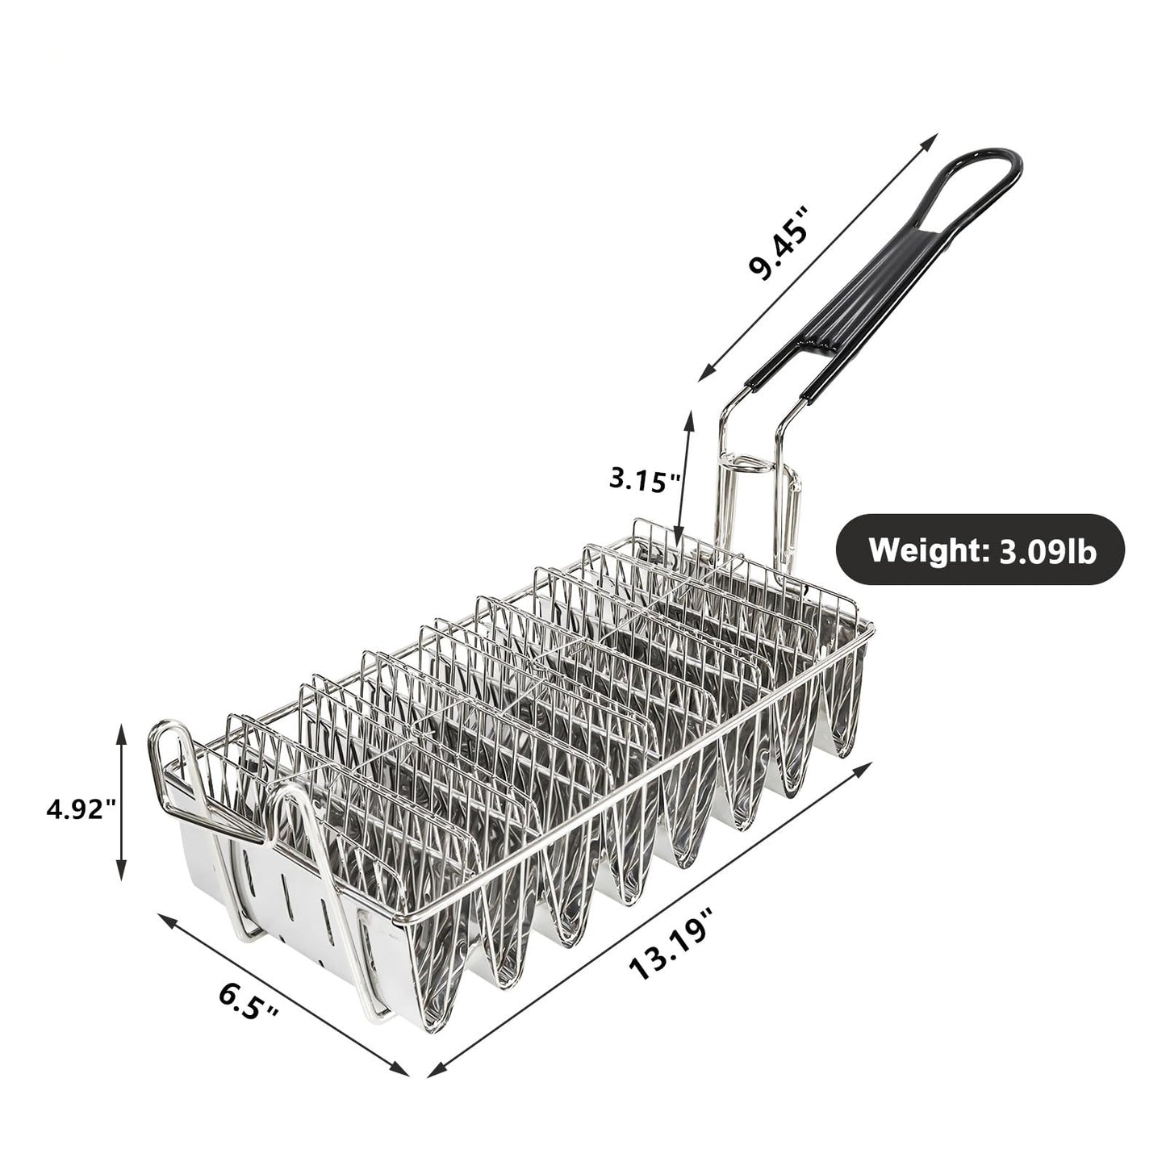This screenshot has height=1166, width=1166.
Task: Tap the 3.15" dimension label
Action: [645, 481]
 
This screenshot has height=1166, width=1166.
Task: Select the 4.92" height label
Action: [81, 808]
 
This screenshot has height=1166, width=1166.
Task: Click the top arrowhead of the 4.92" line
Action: [121, 731]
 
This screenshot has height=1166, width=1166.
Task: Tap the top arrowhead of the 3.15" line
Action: [689, 416]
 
